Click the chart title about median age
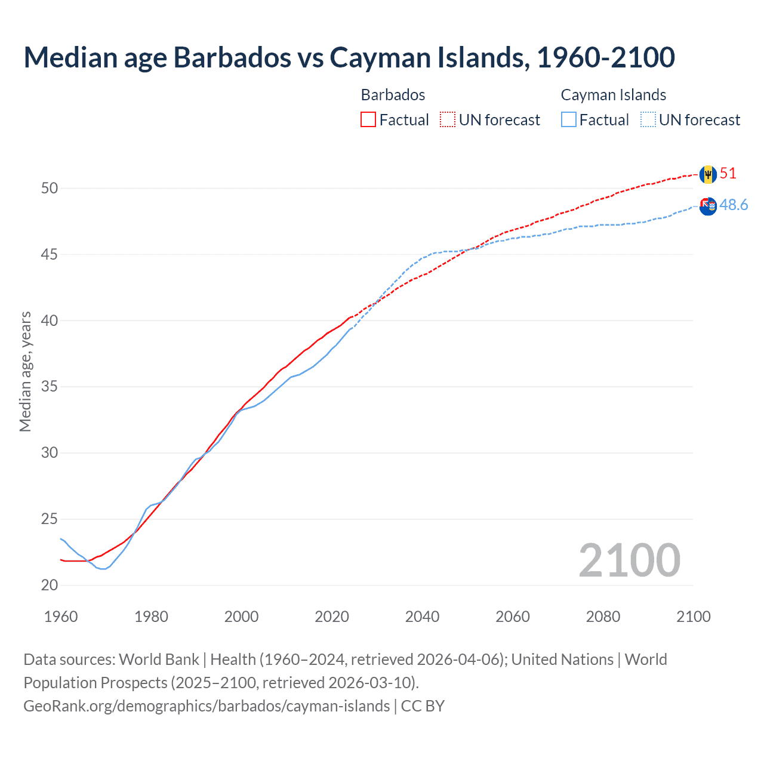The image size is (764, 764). [x=349, y=57]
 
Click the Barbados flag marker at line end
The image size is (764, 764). [x=708, y=174]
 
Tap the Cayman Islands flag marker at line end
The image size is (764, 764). [x=708, y=207]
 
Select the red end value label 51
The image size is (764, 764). [x=728, y=174]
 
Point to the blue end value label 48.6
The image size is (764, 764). [x=734, y=205]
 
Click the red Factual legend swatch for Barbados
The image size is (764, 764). [x=368, y=120]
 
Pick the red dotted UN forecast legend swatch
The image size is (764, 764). [x=448, y=120]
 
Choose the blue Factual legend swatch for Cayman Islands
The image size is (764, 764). [x=568, y=120]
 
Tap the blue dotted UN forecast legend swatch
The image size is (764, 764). [x=648, y=120]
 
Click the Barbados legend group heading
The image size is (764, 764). [x=393, y=95]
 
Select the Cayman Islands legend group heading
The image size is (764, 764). [x=613, y=95]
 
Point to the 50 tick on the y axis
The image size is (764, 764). [x=50, y=189]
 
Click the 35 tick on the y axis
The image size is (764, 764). [x=50, y=387]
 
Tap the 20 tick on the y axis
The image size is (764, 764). [x=50, y=586]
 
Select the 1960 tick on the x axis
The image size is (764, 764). [x=61, y=617]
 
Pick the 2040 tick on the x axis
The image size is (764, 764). [x=422, y=617]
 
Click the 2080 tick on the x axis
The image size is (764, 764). [x=603, y=617]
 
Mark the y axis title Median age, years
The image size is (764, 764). [x=25, y=371]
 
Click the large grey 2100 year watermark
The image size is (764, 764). [x=629, y=560]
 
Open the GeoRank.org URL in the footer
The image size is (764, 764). [x=206, y=706]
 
